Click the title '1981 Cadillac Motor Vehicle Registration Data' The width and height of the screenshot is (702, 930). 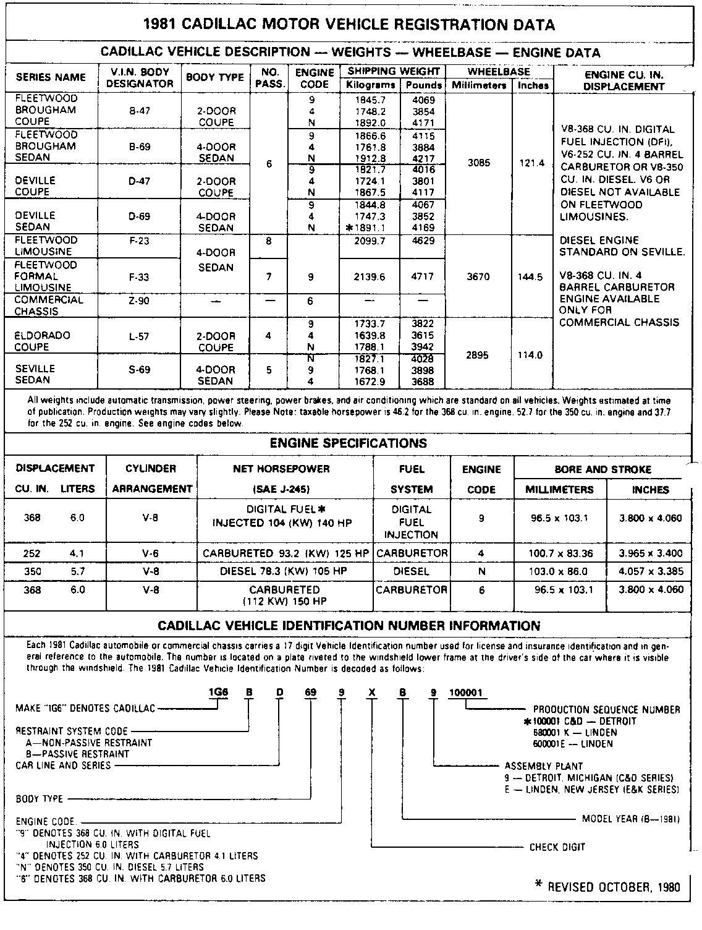tap(349, 25)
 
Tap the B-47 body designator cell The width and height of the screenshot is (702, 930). tap(139, 111)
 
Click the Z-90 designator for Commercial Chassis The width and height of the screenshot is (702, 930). tap(139, 301)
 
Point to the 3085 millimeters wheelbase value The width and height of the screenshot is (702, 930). tap(479, 163)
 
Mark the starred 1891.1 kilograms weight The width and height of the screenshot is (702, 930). tap(370, 228)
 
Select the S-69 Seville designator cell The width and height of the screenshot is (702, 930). tap(139, 370)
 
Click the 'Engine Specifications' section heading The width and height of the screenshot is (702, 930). tap(349, 443)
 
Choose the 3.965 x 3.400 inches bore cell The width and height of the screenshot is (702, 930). tap(651, 553)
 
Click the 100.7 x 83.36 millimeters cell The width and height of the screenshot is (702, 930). tap(559, 553)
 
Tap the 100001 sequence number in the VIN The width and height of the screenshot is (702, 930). tap(457, 693)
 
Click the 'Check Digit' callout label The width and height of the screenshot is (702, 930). tap(557, 847)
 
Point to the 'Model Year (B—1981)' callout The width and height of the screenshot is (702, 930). tap(630, 819)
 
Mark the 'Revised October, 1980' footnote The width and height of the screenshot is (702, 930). tap(607, 887)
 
